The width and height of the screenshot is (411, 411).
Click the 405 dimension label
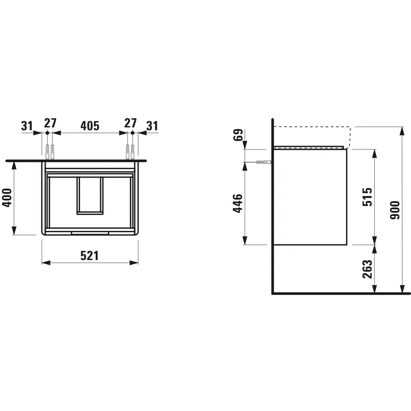coord(90,125)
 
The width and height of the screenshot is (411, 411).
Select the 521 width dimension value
coord(89,256)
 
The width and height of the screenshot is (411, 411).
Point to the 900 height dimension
coord(395,210)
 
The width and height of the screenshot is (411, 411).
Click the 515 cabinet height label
coord(367,196)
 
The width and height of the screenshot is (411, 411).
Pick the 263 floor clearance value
coord(367,269)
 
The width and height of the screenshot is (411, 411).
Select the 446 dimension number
coord(238,203)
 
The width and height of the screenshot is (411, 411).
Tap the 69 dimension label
coord(238,135)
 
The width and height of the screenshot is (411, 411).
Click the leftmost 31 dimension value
coord(27,125)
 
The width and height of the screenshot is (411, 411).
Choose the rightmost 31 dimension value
coord(152,125)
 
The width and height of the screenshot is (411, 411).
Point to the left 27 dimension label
coord(50,123)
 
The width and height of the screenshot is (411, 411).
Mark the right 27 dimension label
coord(130,123)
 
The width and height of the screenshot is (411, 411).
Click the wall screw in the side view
coord(263,162)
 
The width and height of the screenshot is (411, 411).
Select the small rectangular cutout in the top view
coord(90,196)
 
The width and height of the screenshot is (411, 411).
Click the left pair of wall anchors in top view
coord(50,152)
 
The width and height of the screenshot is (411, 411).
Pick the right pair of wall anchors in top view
coord(130,152)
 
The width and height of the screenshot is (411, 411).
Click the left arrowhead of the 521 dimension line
coord(46,263)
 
